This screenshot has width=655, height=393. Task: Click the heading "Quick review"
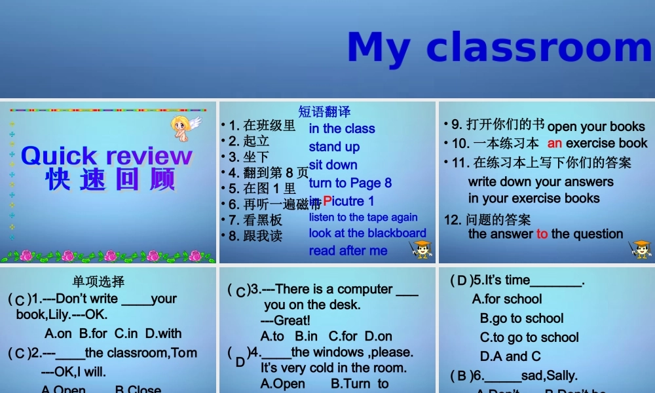point(107,156)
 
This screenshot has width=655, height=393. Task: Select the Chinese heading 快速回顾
point(110,179)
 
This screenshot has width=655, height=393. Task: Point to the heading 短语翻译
point(324,112)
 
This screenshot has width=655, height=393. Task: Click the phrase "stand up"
point(334,147)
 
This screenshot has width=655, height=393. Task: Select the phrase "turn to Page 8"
point(350,183)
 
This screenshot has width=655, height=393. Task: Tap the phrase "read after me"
point(348,250)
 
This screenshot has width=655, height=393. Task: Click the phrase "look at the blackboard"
point(367,233)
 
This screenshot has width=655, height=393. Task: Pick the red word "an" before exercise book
point(555,143)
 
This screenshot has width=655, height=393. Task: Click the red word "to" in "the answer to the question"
point(542,234)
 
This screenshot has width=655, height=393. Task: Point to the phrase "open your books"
point(596,126)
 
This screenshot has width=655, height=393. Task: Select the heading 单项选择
point(98,282)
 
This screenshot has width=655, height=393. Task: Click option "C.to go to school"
point(529,337)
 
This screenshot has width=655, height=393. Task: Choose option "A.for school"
point(507,299)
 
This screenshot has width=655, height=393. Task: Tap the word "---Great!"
point(285,320)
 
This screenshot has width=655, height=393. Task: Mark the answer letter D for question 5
point(462,281)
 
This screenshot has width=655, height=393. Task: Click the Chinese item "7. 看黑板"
point(255,220)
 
